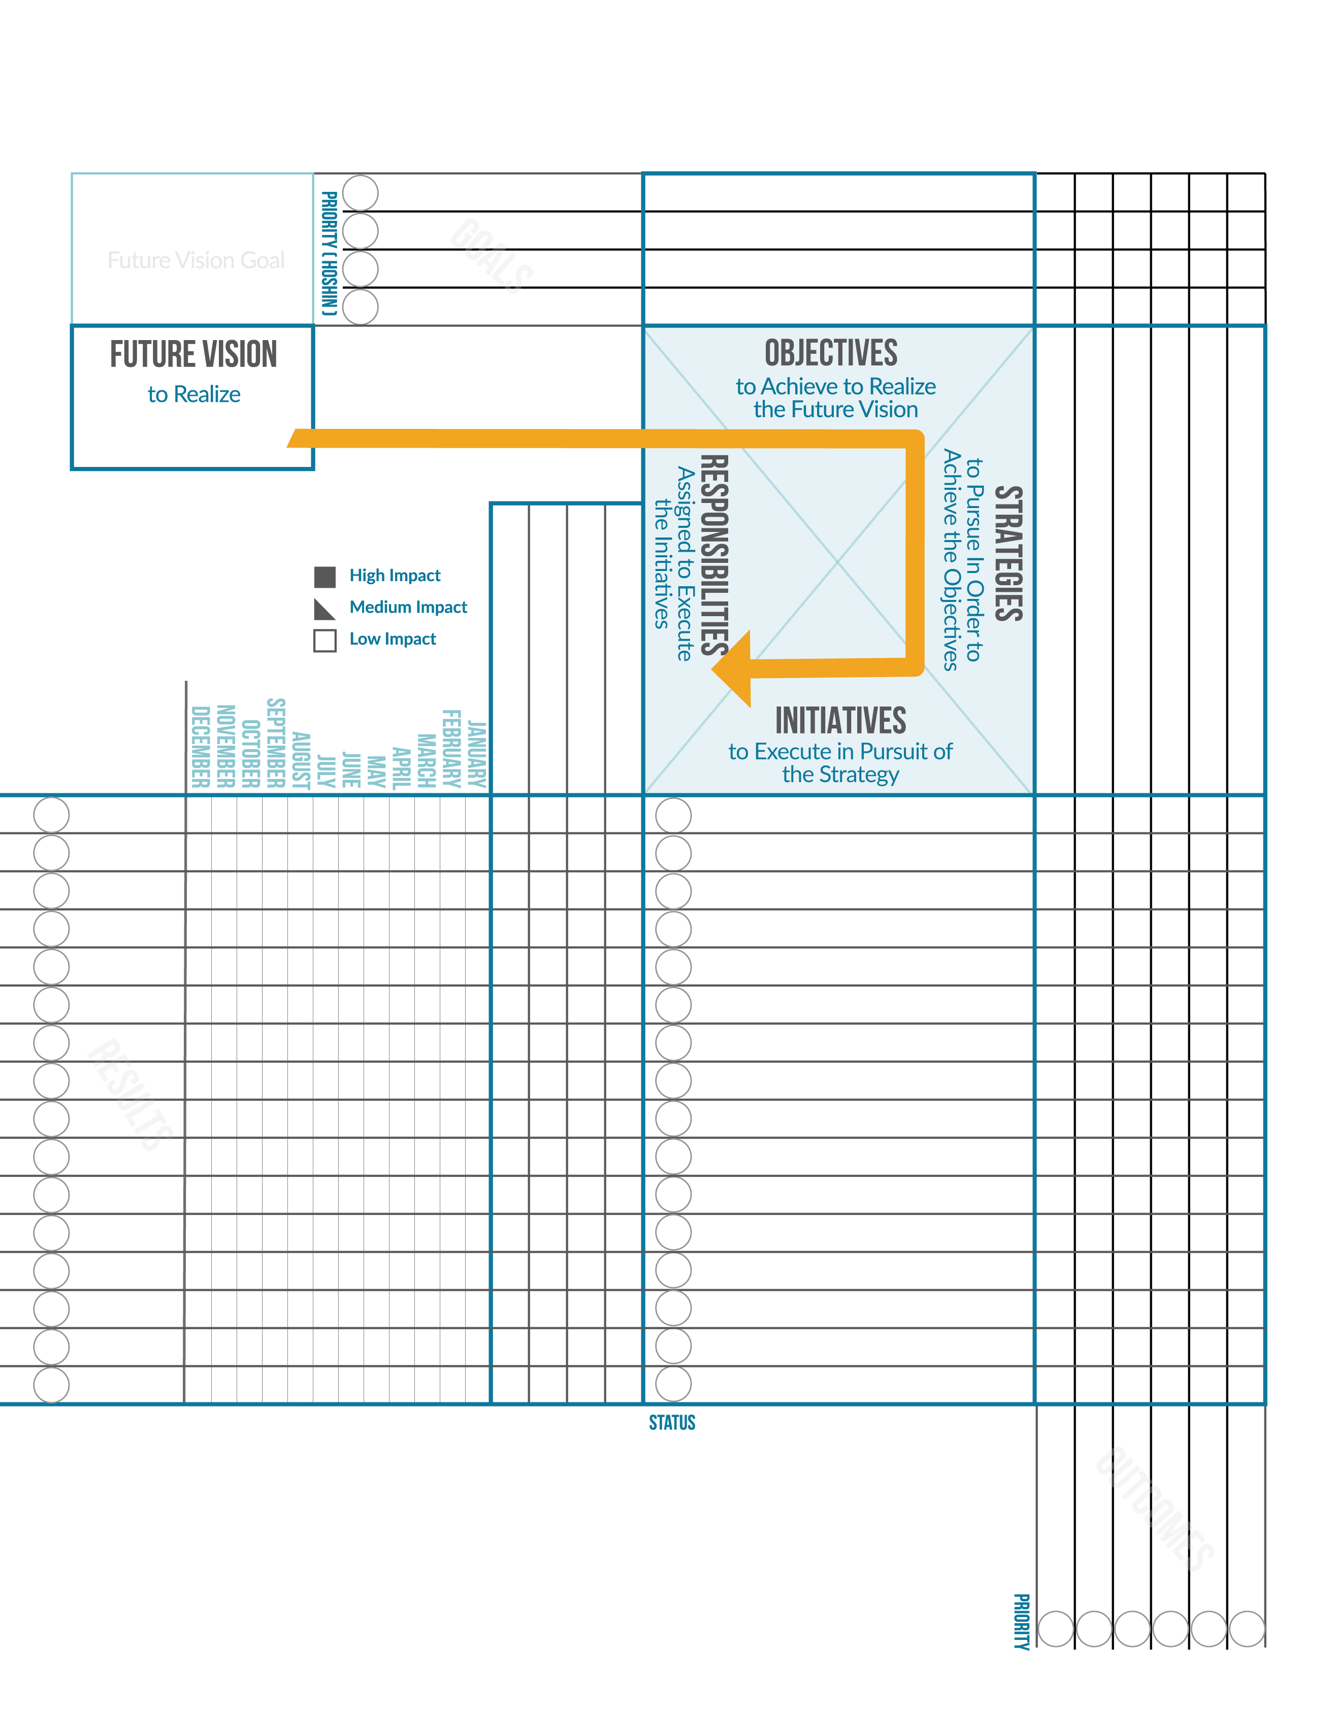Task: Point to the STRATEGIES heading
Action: coord(1008,553)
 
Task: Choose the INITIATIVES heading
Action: coord(840,720)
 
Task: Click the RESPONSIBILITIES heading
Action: coord(714,555)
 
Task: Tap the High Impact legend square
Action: coord(325,577)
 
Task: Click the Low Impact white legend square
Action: coord(325,640)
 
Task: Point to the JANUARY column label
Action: coord(476,754)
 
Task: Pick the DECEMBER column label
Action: coord(200,746)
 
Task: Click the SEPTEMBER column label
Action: coord(275,742)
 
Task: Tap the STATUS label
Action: coord(672,1422)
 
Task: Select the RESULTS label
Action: coord(129,1094)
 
